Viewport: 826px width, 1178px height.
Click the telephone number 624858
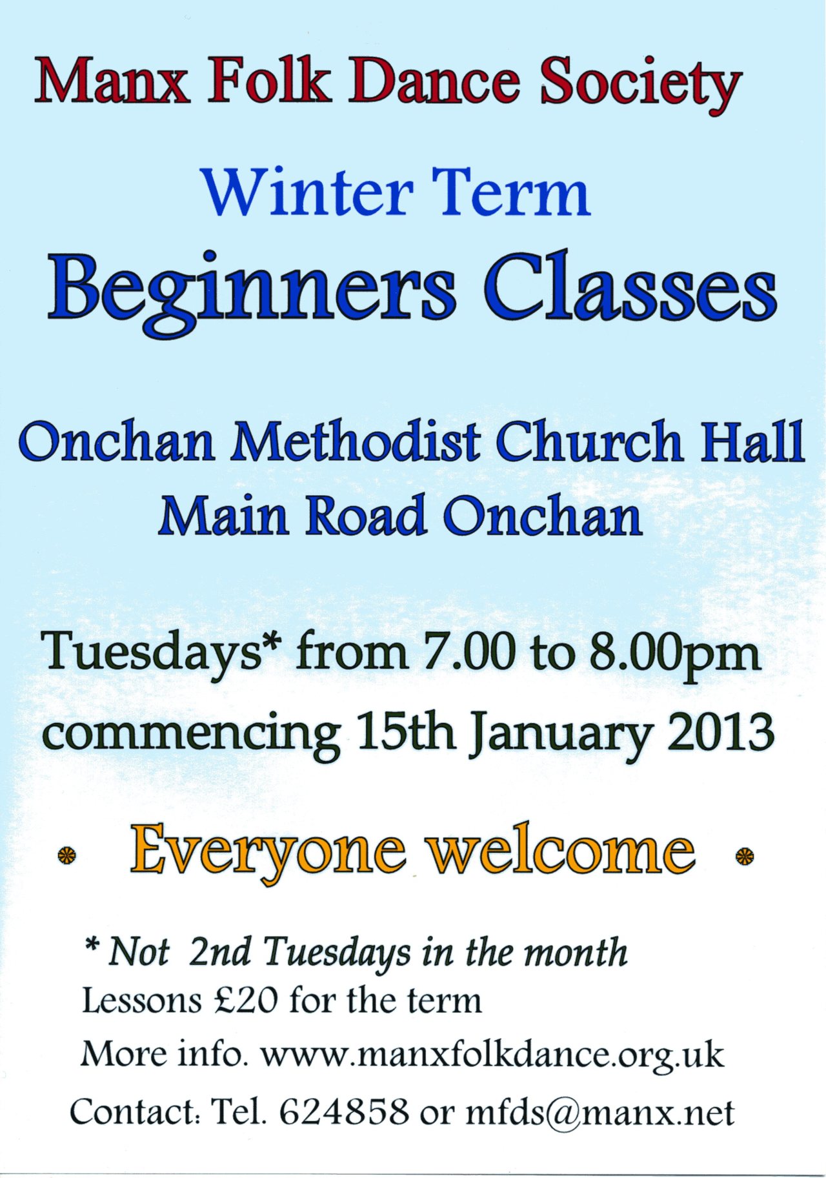pos(344,1112)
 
